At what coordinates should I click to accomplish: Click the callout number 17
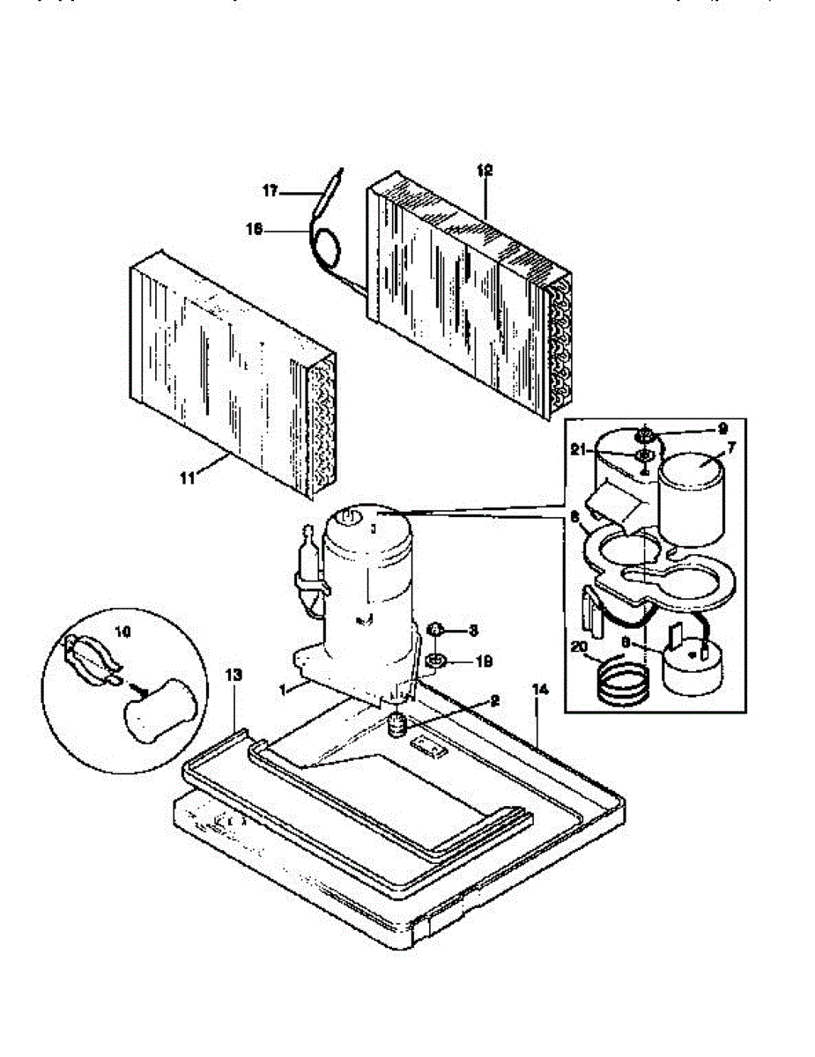tap(270, 189)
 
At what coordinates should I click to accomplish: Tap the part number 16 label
tap(255, 228)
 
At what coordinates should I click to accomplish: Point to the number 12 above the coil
tap(485, 170)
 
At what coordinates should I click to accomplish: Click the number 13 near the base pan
tap(233, 675)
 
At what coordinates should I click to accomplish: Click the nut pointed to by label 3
tap(434, 630)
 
